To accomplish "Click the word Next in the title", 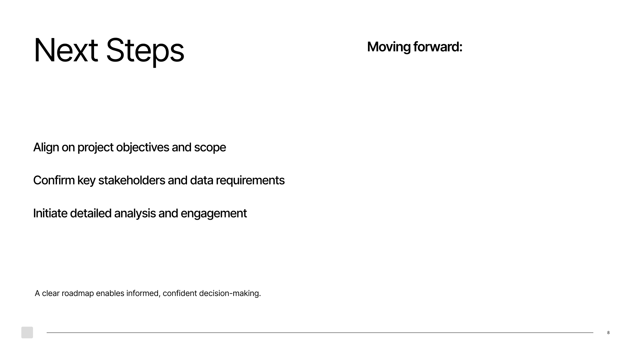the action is coord(66,50).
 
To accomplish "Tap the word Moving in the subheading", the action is coord(389,47).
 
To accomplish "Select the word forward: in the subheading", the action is coord(438,47).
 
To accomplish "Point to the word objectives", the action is coord(142,148).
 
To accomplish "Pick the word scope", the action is coord(210,148).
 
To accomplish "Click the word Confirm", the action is coord(54,180).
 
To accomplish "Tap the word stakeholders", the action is coord(132,180).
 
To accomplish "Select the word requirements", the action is coord(250,181).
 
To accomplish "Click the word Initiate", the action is coord(50,213).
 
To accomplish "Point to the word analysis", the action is coord(135,214).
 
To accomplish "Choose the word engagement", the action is coord(214,214).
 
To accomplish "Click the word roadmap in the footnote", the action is coord(78,293).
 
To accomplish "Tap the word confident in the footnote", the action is coord(180,293).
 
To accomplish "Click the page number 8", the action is coord(608,333).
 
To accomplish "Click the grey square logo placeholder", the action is coord(27,332).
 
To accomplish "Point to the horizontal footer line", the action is coord(320,332).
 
